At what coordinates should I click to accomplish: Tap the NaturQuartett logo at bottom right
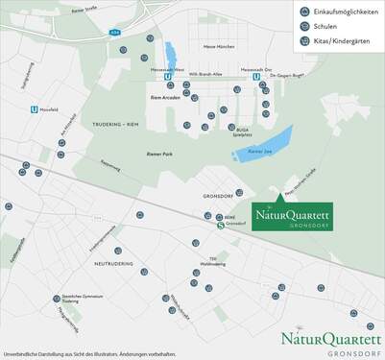click(x=331, y=341)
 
